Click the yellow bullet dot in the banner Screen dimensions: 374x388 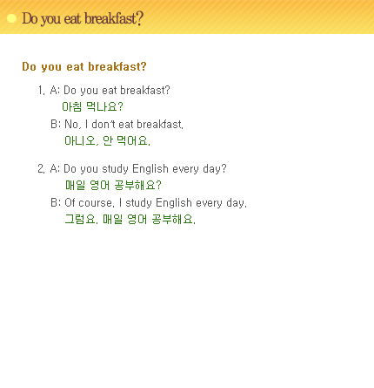tap(11, 18)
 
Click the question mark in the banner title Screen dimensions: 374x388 tap(140, 18)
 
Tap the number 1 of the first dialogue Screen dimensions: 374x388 tap(40, 90)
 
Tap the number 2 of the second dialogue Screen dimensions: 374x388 tap(40, 168)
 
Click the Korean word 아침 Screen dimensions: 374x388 tap(72, 106)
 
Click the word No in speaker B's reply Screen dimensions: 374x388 tap(71, 124)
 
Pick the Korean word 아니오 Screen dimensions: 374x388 tap(80, 141)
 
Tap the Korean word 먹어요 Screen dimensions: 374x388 tap(132, 141)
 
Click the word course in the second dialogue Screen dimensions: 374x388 tap(95, 203)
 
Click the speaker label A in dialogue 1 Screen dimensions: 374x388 tap(54, 90)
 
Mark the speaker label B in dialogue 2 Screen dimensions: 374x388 tap(54, 202)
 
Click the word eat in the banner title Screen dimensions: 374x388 tap(72, 18)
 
